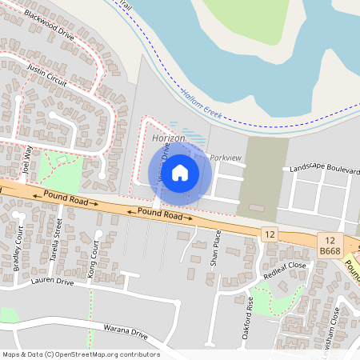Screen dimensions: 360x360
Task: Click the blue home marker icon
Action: pyautogui.click(x=180, y=171)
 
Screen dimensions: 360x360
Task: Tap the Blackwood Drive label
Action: pyautogui.click(x=49, y=26)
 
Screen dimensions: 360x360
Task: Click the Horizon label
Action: pyautogui.click(x=168, y=139)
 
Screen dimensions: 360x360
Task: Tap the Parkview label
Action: pyautogui.click(x=225, y=158)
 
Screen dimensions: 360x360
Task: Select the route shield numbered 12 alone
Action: pyautogui.click(x=269, y=233)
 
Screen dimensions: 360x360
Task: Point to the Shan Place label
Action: pyautogui.click(x=214, y=248)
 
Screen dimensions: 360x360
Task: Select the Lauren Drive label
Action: pyautogui.click(x=52, y=282)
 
